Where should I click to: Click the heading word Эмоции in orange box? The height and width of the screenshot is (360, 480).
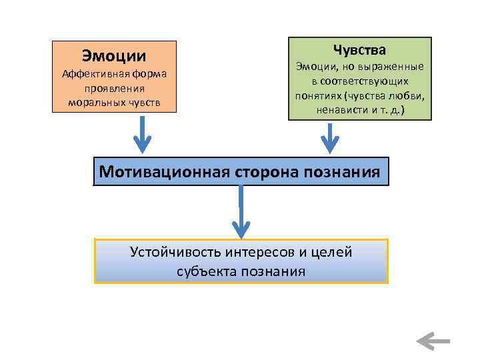pyautogui.click(x=114, y=55)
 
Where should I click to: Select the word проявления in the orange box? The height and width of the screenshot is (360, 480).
pyautogui.click(x=114, y=88)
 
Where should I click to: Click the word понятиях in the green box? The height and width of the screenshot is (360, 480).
pyautogui.click(x=318, y=95)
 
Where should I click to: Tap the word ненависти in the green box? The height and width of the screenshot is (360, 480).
pyautogui.click(x=341, y=109)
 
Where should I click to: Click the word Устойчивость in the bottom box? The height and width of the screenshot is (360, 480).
pyautogui.click(x=173, y=252)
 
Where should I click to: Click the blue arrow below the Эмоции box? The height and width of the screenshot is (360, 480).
pyautogui.click(x=142, y=133)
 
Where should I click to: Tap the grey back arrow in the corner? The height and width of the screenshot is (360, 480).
pyautogui.click(x=433, y=341)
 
